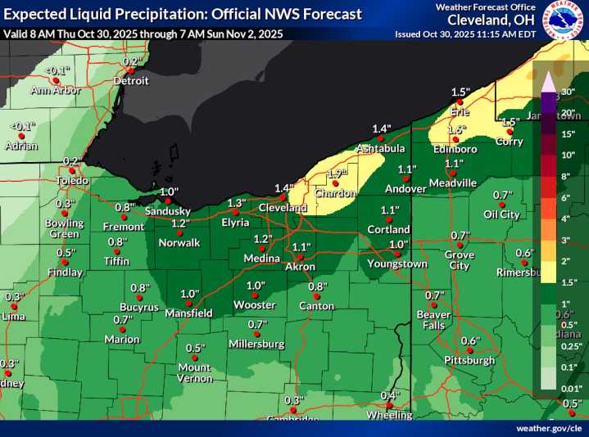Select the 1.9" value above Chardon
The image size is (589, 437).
pyautogui.click(x=337, y=173)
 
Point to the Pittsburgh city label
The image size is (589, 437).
pyautogui.click(x=469, y=360)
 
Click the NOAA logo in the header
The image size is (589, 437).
pyautogui.click(x=568, y=20)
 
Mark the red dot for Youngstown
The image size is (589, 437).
pyautogui.click(x=396, y=255)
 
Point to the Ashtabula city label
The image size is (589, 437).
pyautogui.click(x=380, y=148)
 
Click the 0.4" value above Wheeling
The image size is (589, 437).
pyautogui.click(x=392, y=396)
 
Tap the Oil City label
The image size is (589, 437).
pyautogui.click(x=501, y=214)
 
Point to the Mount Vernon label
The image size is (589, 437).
pyautogui.click(x=194, y=372)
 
